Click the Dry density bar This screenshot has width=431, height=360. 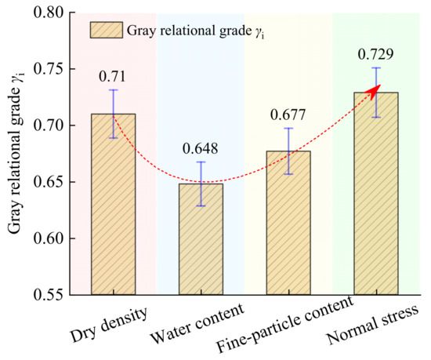click(x=114, y=205)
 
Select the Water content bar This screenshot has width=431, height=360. click(x=201, y=239)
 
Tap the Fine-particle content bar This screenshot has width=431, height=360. click(x=288, y=223)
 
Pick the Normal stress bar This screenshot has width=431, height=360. click(x=376, y=194)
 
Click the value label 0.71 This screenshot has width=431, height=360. click(x=112, y=76)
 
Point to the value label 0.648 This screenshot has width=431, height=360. click(x=201, y=148)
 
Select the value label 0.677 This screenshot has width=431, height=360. click(x=288, y=115)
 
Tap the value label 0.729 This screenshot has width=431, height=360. click(x=375, y=54)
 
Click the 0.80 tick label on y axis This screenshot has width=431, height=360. click(x=48, y=13)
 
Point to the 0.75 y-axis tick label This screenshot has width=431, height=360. click(x=48, y=69)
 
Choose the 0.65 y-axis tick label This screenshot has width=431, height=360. click(x=48, y=182)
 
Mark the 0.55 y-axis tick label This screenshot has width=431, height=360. click(x=48, y=295)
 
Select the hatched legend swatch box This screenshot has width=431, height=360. click(x=107, y=30)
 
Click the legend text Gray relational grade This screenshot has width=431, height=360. click(x=189, y=31)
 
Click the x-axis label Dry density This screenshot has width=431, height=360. click(x=109, y=325)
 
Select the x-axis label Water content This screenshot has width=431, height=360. click(x=197, y=323)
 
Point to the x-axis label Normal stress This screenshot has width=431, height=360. click(x=373, y=325)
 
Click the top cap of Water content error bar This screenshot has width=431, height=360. click(x=201, y=162)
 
